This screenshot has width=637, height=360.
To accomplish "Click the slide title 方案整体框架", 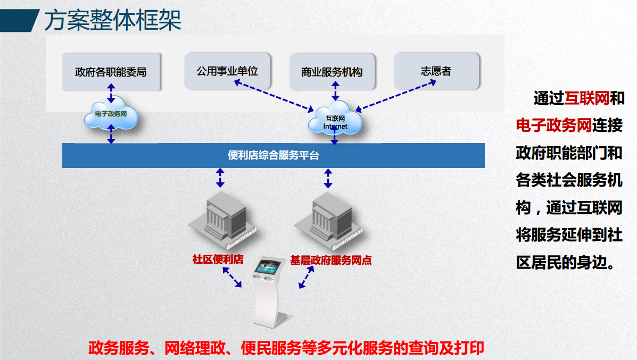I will tap(112, 20).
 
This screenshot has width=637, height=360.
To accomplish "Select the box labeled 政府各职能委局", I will tap(111, 72).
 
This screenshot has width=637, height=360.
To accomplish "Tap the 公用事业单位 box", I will tap(227, 71).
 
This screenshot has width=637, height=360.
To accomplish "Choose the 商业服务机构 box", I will tap(332, 72).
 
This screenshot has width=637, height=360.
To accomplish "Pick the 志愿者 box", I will tap(436, 71).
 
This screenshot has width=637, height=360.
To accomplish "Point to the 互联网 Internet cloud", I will tap(335, 121).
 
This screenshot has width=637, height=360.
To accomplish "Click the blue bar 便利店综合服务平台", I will tap(273, 155).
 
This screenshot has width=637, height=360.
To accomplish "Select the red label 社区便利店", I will tap(218, 260).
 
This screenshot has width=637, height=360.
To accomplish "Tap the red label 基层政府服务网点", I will tap(330, 261).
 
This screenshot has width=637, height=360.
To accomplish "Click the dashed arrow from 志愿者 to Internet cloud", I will tap(387, 95).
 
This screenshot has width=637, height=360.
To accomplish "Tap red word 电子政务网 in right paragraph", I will tap(554, 126).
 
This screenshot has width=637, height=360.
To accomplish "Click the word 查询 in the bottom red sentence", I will tap(423, 348).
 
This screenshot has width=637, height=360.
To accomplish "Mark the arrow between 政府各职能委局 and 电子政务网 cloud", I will tap(111, 93).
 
